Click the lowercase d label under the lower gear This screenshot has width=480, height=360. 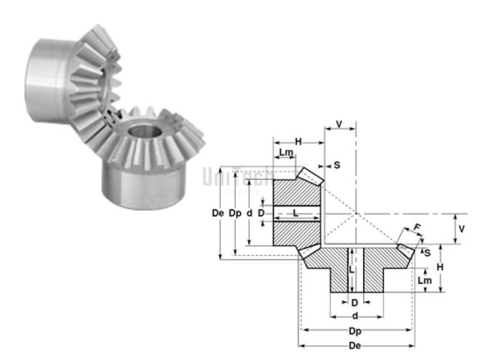[356, 316]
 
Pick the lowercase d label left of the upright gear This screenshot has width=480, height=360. [250, 213]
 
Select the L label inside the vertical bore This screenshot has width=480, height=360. [352, 270]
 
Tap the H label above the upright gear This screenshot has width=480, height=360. [299, 141]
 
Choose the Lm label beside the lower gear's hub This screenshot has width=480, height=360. [424, 281]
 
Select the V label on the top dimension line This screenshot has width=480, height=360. [340, 124]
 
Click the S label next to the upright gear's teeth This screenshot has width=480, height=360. [337, 165]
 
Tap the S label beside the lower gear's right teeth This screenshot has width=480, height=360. [427, 253]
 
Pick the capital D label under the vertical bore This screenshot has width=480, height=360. [355, 302]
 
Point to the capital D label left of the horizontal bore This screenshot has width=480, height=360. [261, 213]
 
